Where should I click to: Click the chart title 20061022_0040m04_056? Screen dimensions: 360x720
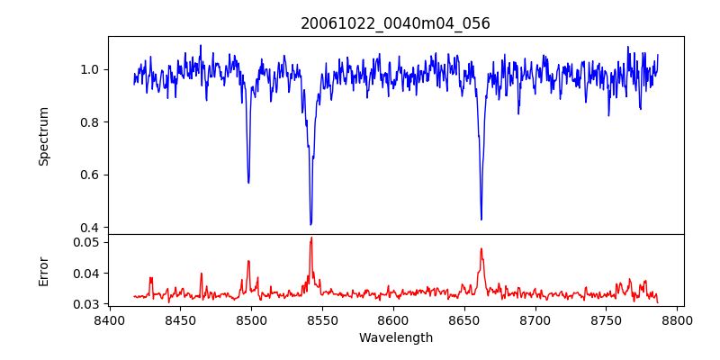click(x=395, y=23)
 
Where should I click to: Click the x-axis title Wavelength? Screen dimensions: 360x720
click(x=395, y=337)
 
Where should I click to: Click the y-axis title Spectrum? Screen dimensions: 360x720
click(x=43, y=136)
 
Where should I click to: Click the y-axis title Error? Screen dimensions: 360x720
click(x=43, y=270)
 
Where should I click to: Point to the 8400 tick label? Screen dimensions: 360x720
click(x=109, y=319)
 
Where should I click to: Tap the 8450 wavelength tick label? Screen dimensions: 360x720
click(x=180, y=319)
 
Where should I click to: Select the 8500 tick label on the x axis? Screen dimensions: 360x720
click(x=251, y=319)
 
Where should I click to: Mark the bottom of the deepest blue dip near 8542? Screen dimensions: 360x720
click(x=310, y=224)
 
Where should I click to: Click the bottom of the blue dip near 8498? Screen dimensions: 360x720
click(x=248, y=183)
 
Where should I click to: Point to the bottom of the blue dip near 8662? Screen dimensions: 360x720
click(x=481, y=219)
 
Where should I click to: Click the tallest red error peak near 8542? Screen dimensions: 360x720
click(x=311, y=238)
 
